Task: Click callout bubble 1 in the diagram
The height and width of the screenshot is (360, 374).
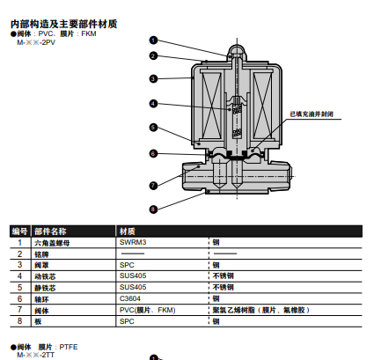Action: (x=152, y=40)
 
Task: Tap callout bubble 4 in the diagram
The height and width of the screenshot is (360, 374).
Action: (x=152, y=103)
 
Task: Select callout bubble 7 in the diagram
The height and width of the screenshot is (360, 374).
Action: (x=152, y=185)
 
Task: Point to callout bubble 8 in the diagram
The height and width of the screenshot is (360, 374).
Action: (x=152, y=209)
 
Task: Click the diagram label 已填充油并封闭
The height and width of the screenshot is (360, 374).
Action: (x=312, y=114)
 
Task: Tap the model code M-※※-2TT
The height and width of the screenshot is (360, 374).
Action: (x=34, y=355)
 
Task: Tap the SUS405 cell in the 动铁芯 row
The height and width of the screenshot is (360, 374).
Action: (x=133, y=276)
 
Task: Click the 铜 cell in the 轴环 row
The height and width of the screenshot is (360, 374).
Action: (x=216, y=298)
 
